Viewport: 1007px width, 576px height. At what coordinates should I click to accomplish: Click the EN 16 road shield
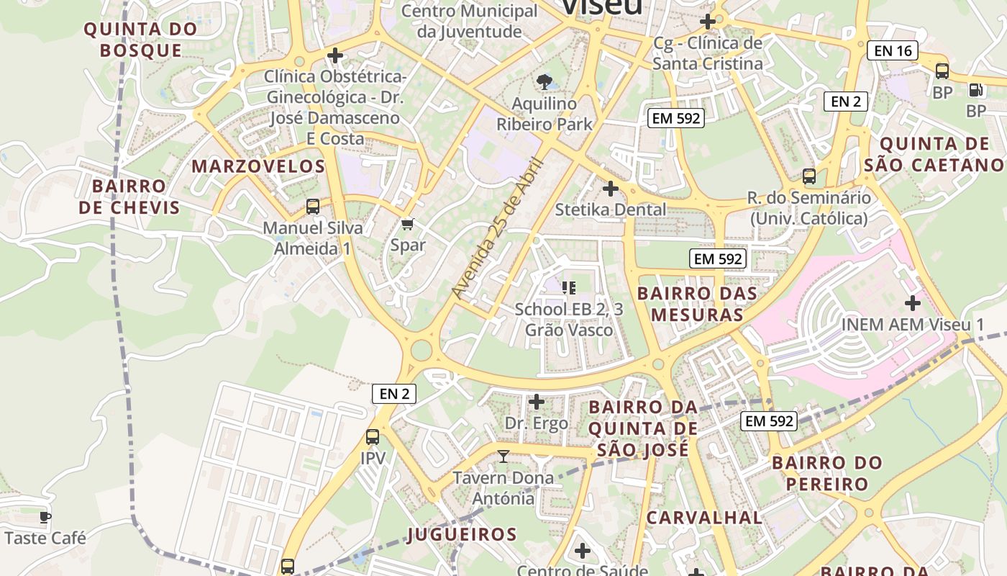pyautogui.click(x=893, y=50)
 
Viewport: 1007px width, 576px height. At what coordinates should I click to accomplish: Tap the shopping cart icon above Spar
pyautogui.click(x=407, y=225)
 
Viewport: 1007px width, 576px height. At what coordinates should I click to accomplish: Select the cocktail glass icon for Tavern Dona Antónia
pyautogui.click(x=503, y=456)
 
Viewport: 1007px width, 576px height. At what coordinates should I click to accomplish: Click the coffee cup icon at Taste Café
pyautogui.click(x=45, y=517)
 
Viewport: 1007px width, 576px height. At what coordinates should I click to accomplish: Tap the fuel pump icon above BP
pyautogui.click(x=975, y=90)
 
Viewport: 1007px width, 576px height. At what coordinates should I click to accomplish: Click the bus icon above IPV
pyautogui.click(x=373, y=436)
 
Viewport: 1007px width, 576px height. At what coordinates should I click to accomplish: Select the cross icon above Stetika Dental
pyautogui.click(x=610, y=189)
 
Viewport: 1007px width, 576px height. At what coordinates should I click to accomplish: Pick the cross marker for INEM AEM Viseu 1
pyautogui.click(x=912, y=302)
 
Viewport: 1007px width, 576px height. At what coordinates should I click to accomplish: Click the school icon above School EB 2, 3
pyautogui.click(x=569, y=288)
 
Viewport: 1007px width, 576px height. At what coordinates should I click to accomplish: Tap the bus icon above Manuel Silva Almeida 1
pyautogui.click(x=313, y=207)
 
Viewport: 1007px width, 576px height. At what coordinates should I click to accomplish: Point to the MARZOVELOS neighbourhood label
pyautogui.click(x=258, y=166)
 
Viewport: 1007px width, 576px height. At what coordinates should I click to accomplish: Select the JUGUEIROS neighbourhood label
pyautogui.click(x=462, y=534)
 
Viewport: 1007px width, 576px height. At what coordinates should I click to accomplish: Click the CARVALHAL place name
pyautogui.click(x=703, y=518)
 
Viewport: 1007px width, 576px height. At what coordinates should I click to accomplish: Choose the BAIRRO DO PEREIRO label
pyautogui.click(x=826, y=473)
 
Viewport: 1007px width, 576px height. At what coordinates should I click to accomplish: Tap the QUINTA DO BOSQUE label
pyautogui.click(x=141, y=40)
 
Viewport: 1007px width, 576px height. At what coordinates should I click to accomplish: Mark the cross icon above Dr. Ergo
pyautogui.click(x=537, y=401)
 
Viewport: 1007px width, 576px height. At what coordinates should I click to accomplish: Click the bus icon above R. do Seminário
pyautogui.click(x=809, y=176)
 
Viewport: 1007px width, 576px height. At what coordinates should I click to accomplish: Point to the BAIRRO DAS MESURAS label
pyautogui.click(x=697, y=304)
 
